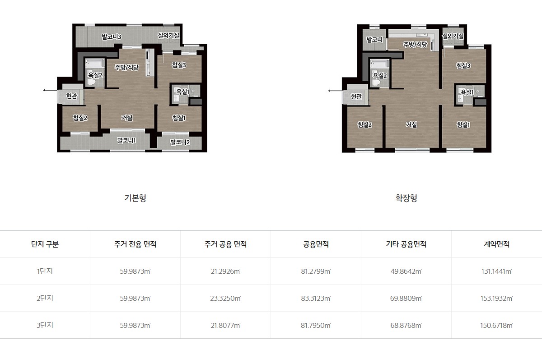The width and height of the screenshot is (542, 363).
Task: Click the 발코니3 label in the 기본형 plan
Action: pos(111,37)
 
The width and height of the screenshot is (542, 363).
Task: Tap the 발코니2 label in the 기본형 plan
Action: pos(180,142)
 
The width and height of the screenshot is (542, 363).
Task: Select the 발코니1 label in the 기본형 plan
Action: pos(126,140)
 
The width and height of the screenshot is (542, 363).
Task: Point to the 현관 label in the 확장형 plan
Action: pos(356,96)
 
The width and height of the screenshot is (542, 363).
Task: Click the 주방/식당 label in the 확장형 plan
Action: pos(415,45)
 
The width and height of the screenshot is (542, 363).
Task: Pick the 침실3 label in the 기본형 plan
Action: pos(179,65)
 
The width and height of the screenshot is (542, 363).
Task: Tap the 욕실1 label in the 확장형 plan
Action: pos(467,92)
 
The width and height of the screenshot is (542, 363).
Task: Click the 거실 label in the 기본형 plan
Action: pos(127,118)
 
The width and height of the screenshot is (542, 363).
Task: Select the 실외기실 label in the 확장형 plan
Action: pos(453,36)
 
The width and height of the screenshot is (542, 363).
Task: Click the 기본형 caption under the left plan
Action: pos(135,198)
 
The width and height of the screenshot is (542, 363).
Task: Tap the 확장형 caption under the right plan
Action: pos(406,198)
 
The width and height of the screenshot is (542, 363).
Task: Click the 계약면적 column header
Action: pos(496,244)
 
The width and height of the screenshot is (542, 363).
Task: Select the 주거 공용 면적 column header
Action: pos(225,244)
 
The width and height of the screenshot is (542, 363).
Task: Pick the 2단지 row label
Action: pos(45,298)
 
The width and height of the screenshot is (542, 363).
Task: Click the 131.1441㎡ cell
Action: pos(496,271)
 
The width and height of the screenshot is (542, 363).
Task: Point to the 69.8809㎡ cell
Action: pos(406,299)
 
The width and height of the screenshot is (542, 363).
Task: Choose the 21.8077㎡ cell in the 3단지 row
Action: pos(225,326)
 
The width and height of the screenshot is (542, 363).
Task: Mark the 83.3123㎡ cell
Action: pos(316,299)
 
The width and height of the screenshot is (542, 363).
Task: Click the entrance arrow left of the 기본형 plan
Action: pos(51,90)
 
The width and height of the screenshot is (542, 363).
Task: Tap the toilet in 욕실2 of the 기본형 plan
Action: pos(91,82)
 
